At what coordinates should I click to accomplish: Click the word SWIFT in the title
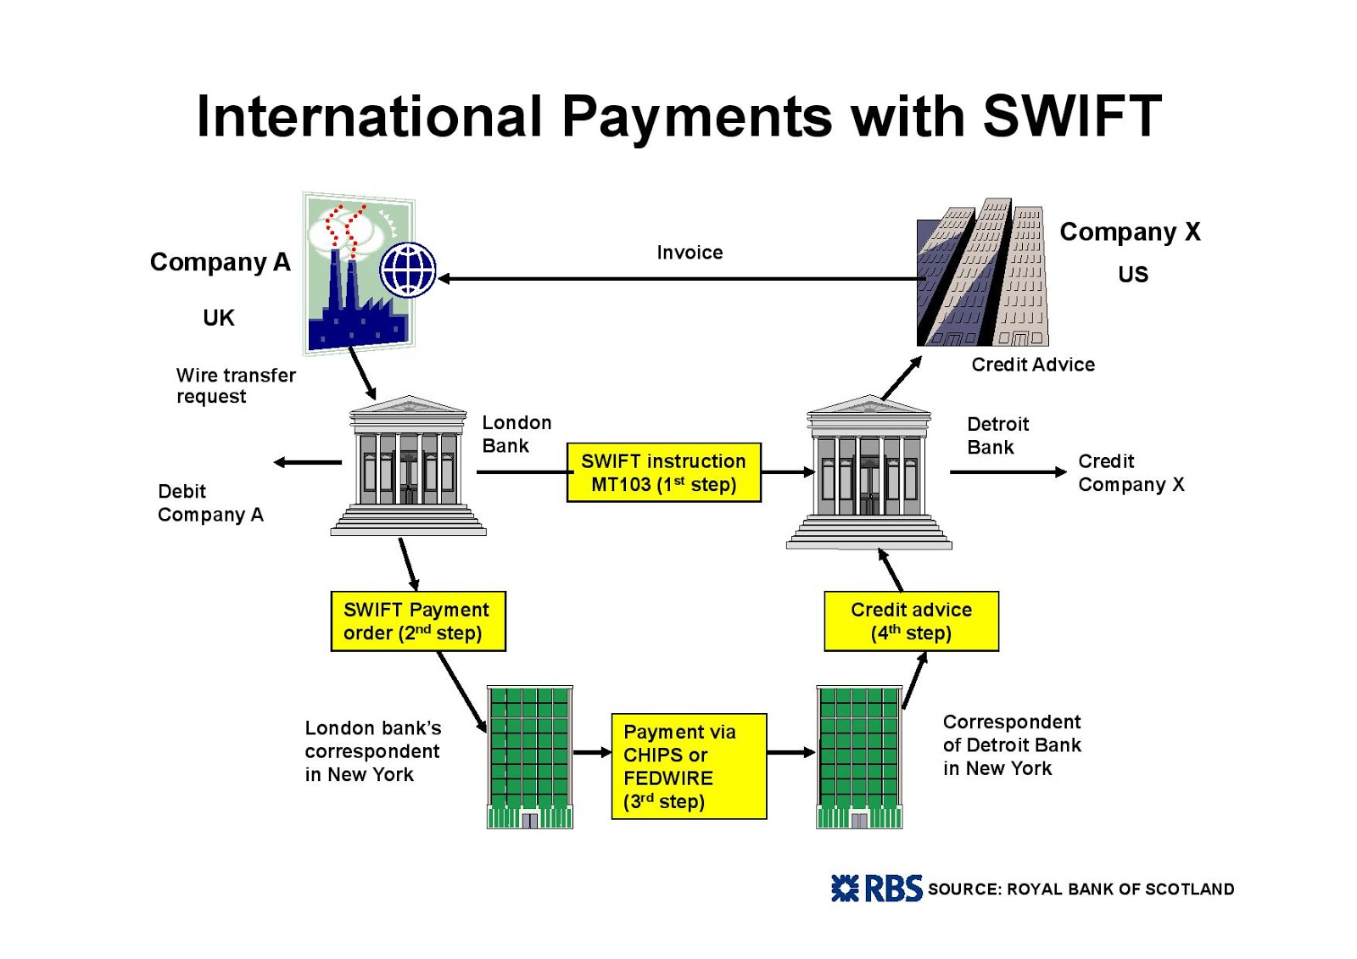(1071, 115)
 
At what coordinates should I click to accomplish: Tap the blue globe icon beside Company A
(408, 270)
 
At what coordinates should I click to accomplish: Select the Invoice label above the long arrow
(690, 252)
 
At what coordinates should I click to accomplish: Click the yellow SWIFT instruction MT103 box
(663, 472)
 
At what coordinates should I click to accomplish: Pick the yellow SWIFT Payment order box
(417, 621)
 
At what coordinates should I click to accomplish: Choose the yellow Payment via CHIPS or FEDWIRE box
(689, 766)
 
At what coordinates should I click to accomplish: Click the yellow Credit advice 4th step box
(911, 621)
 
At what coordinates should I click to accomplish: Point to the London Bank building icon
(408, 466)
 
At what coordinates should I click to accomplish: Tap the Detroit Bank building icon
(868, 472)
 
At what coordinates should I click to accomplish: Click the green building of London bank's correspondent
(530, 756)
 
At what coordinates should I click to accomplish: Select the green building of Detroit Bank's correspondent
(859, 756)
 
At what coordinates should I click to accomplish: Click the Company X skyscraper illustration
(982, 273)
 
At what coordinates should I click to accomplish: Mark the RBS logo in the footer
(876, 888)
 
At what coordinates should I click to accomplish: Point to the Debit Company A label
(210, 503)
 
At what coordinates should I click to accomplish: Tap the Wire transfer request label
(235, 386)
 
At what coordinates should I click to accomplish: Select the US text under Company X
(1132, 274)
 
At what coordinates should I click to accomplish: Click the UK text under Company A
(218, 317)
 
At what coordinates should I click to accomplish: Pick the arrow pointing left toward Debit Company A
(307, 462)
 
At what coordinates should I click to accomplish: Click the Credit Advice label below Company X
(1032, 365)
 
